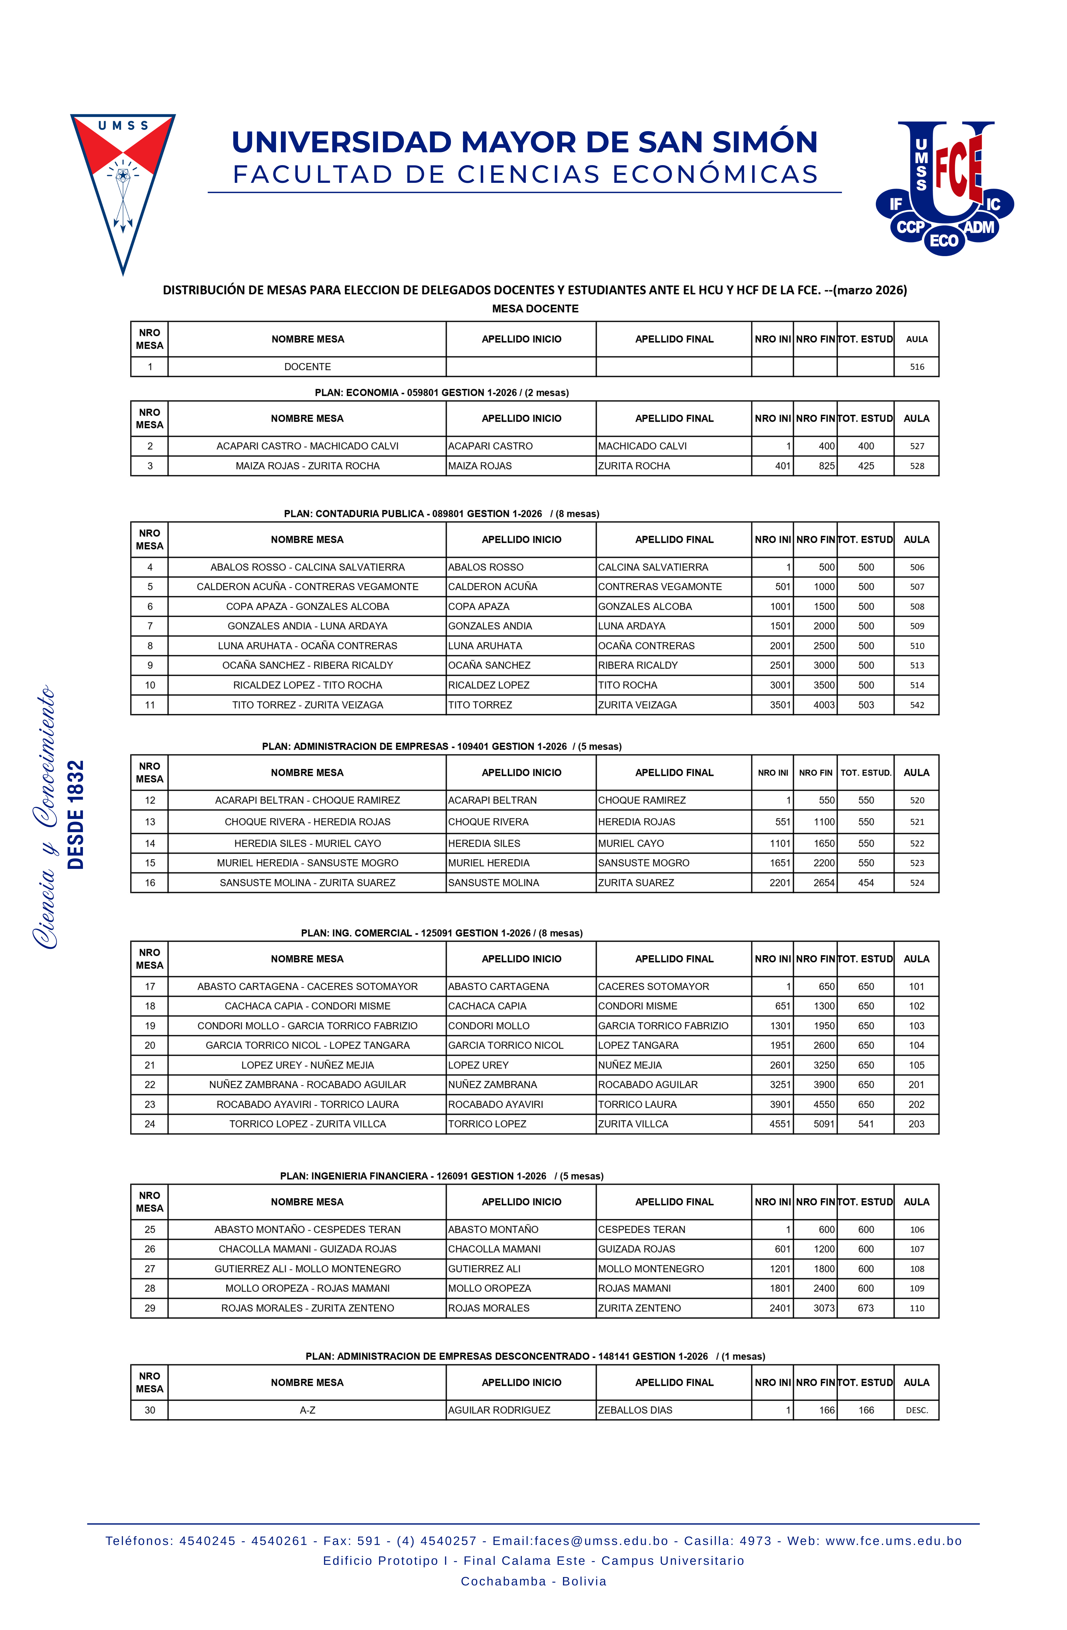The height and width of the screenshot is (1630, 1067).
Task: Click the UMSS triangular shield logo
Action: pos(123,185)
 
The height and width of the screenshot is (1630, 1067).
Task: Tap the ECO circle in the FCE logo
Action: pos(944,240)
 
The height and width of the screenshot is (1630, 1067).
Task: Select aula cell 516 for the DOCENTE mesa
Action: pos(916,367)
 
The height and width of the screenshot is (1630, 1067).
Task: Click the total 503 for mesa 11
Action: pos(866,705)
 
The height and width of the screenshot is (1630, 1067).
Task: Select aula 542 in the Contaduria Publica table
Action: pos(916,705)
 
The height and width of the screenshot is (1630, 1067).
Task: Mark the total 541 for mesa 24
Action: pos(866,1124)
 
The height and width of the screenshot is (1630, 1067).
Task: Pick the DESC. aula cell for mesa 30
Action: pos(916,1410)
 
